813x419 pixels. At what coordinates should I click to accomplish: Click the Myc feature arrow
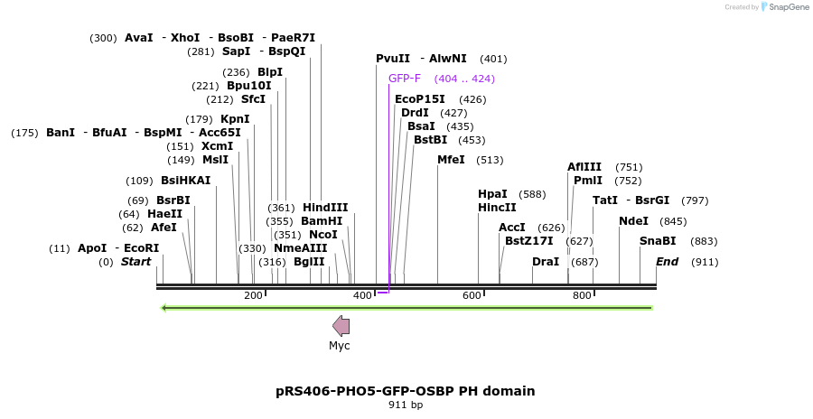(341, 326)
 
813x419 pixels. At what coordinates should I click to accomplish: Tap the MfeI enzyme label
(451, 160)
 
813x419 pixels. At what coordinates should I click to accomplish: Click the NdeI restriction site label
(633, 221)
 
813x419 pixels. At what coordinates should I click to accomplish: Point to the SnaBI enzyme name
(658, 241)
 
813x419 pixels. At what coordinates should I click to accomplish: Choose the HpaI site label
(492, 194)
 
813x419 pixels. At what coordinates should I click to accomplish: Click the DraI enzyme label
(546, 262)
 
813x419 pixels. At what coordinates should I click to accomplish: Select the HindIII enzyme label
(325, 208)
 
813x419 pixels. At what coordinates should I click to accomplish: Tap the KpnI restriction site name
(235, 119)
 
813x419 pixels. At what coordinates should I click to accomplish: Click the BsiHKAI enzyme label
(185, 181)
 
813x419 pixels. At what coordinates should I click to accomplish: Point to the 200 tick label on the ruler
(253, 296)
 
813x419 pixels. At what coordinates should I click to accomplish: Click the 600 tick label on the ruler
(472, 296)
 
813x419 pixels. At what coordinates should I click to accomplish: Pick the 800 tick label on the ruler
(582, 296)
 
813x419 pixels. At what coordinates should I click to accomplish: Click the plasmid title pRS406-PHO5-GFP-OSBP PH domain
(406, 391)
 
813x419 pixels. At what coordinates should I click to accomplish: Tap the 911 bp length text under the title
(406, 405)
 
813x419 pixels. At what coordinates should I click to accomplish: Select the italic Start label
(135, 262)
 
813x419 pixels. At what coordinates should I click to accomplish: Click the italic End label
(667, 262)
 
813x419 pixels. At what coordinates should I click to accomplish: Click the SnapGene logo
(782, 7)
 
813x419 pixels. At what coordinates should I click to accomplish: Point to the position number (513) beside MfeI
(491, 160)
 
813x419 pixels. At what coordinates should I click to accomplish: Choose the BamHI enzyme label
(322, 221)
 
